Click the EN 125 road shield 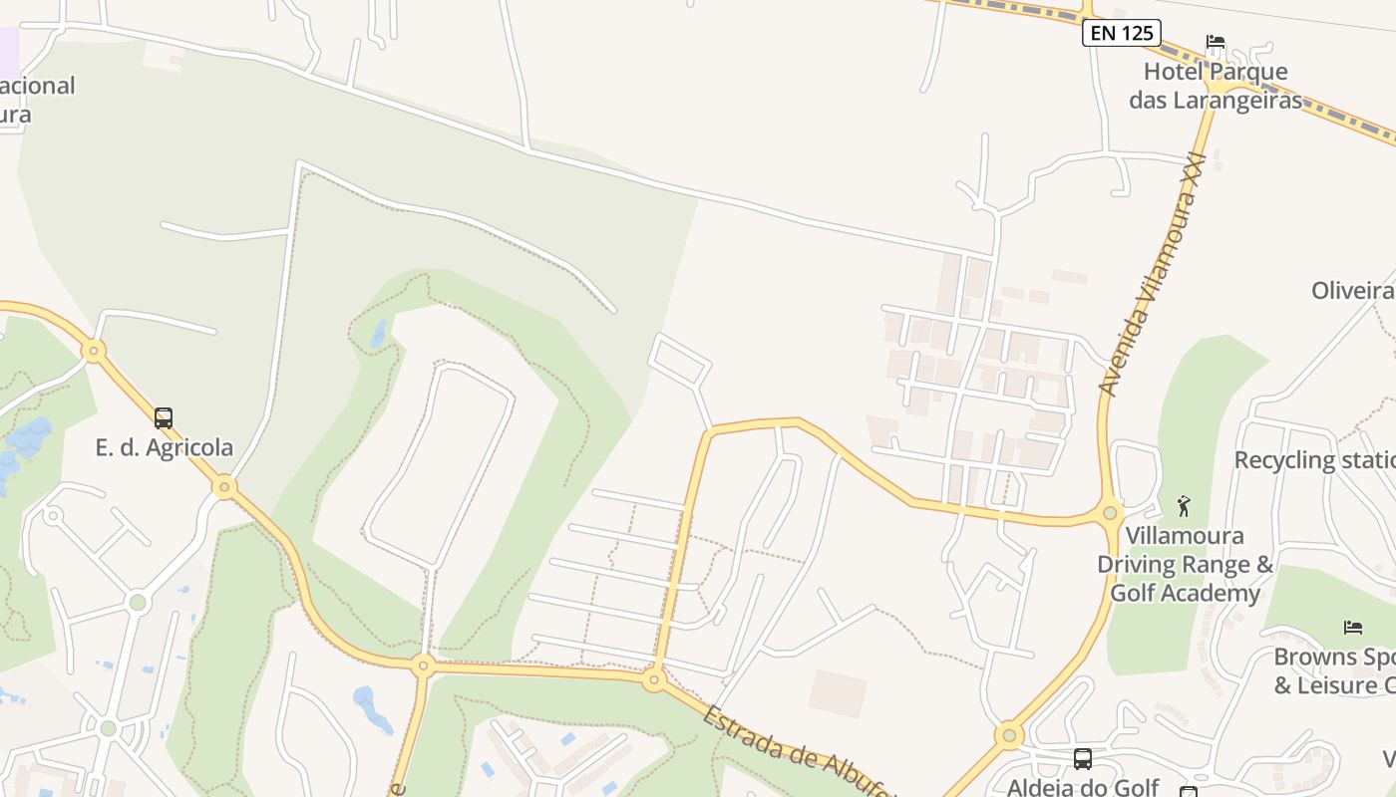pyautogui.click(x=1122, y=33)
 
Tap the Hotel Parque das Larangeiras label pyautogui.click(x=1216, y=86)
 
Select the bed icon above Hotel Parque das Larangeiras pyautogui.click(x=1216, y=42)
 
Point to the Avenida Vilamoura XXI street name pyautogui.click(x=1153, y=274)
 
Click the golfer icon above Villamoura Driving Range pyautogui.click(x=1184, y=505)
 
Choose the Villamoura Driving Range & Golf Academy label pyautogui.click(x=1185, y=564)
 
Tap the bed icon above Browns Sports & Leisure pyautogui.click(x=1352, y=627)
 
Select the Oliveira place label pyautogui.click(x=1352, y=290)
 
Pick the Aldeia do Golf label pyautogui.click(x=1082, y=787)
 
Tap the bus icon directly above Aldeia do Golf pyautogui.click(x=1083, y=758)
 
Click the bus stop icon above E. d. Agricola pyautogui.click(x=164, y=418)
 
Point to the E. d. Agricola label pyautogui.click(x=164, y=447)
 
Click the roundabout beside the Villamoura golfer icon pyautogui.click(x=1110, y=513)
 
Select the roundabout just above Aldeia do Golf pyautogui.click(x=1009, y=736)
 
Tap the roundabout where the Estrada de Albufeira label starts pyautogui.click(x=654, y=680)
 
